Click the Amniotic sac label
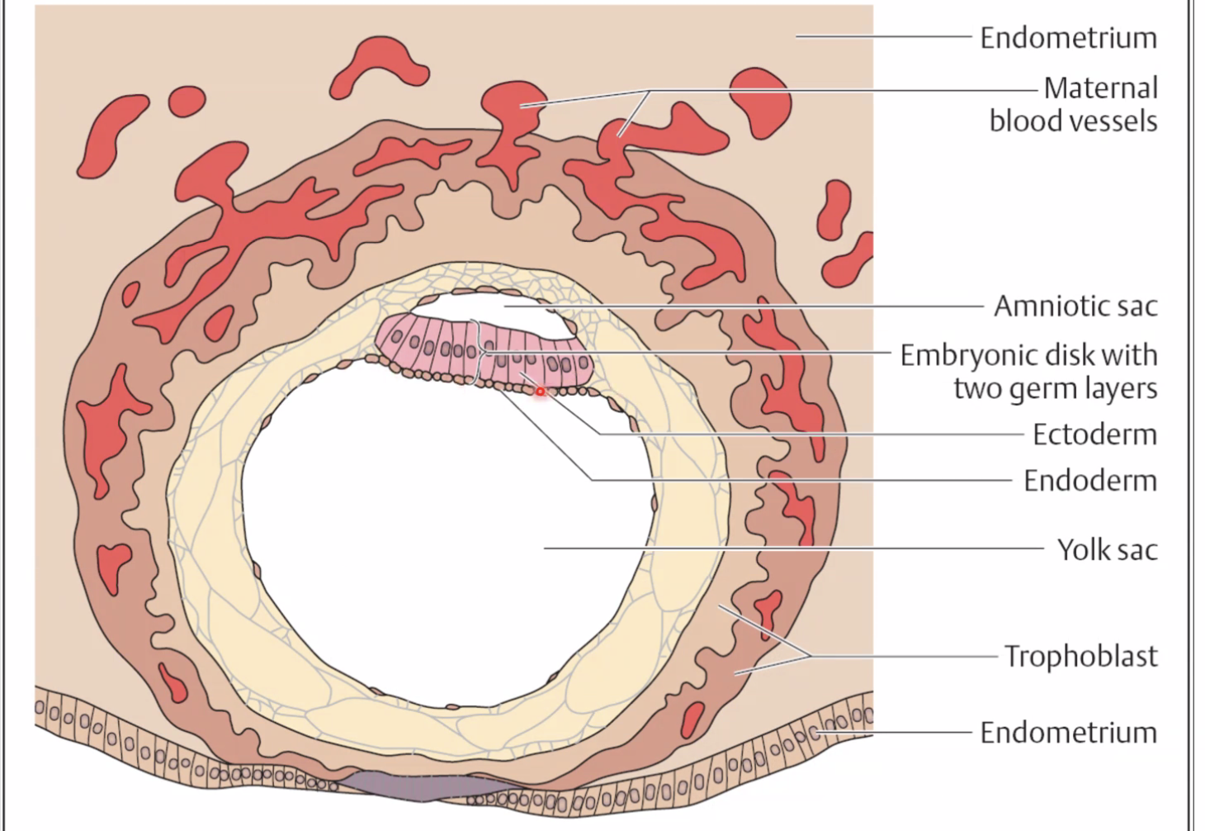(1075, 306)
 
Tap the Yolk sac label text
(1107, 549)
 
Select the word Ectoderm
(1094, 434)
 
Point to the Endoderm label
(1089, 481)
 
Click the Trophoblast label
(1080, 657)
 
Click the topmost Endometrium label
(1068, 38)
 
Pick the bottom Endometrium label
(1068, 733)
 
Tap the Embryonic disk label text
(1028, 355)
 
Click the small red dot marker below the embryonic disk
(541, 391)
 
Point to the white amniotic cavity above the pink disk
(495, 310)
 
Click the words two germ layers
(1055, 388)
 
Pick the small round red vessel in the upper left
(187, 100)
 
